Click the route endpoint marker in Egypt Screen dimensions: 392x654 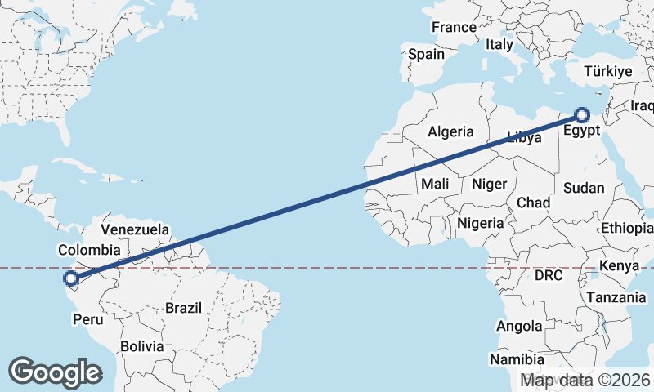[583, 115]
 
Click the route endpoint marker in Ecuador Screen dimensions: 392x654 [71, 279]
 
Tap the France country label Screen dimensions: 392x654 [454, 27]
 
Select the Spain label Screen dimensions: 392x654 [426, 55]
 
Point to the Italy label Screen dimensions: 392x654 [499, 45]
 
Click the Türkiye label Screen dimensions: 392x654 [607, 72]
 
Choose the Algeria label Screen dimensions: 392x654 [450, 131]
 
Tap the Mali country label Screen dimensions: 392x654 [435, 185]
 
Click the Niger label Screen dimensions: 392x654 [490, 185]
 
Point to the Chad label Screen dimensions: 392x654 [533, 203]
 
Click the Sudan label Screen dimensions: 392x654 [584, 188]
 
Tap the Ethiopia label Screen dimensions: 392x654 [627, 228]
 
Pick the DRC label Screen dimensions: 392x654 [549, 276]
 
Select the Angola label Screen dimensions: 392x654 [519, 327]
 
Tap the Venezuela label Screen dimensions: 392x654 [135, 229]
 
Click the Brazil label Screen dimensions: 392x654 [183, 308]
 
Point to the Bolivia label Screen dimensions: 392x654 [141, 346]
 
